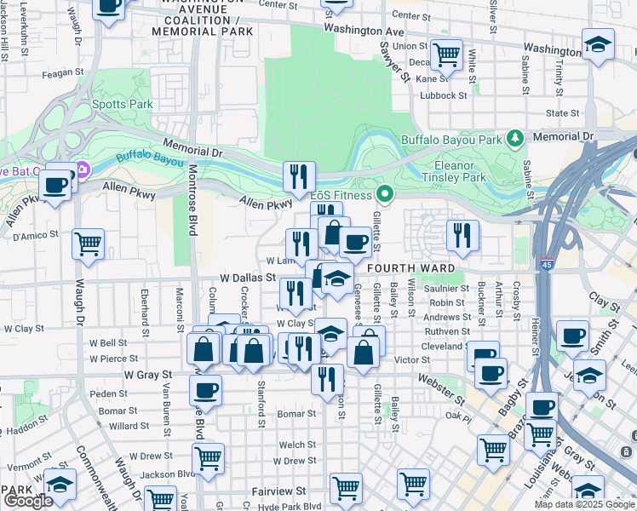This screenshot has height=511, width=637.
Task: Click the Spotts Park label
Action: tap(123, 104)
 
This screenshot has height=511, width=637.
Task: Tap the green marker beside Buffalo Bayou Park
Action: tap(514, 137)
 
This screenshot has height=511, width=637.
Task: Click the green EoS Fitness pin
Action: tap(385, 195)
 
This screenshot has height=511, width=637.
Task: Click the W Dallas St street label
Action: tap(248, 278)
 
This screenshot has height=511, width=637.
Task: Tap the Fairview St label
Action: tap(279, 491)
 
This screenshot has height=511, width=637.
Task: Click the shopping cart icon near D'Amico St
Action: tap(89, 244)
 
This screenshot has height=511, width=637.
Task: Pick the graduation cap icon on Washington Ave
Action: tap(598, 45)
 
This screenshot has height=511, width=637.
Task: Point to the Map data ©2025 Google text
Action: tap(583, 504)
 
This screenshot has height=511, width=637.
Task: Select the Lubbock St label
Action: tap(443, 95)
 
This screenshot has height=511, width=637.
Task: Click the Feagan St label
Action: tap(60, 73)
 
